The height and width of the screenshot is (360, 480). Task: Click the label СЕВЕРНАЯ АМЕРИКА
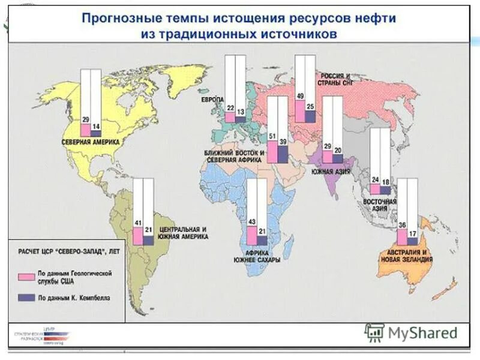[x=91, y=142]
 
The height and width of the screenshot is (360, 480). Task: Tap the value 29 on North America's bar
[x=86, y=120]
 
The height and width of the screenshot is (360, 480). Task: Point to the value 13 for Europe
[x=240, y=112]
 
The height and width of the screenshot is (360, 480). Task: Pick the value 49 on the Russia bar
[x=300, y=96]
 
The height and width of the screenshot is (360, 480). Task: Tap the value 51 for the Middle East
[x=272, y=137]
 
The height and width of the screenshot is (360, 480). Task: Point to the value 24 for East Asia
[x=376, y=179]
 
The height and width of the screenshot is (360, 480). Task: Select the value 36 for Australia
[x=403, y=226]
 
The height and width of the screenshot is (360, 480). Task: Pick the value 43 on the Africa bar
[x=252, y=223]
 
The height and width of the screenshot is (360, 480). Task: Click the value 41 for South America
[x=137, y=223]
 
